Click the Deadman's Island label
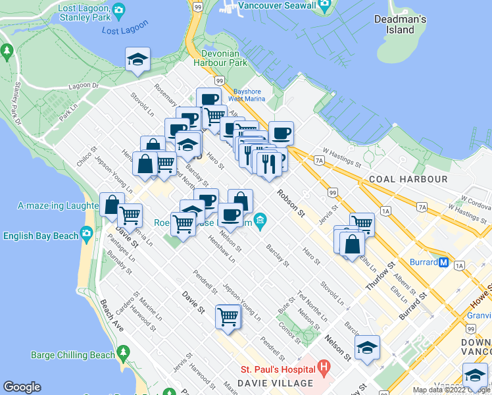[x=401, y=24]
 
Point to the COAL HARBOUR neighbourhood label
[x=408, y=179]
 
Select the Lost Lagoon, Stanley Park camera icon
[x=118, y=10]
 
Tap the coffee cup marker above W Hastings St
[x=281, y=133]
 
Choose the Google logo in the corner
[x=22, y=387]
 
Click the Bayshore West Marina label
[x=247, y=95]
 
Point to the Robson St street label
[x=291, y=203]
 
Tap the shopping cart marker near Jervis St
[x=361, y=224]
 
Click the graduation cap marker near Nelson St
[x=367, y=347]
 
